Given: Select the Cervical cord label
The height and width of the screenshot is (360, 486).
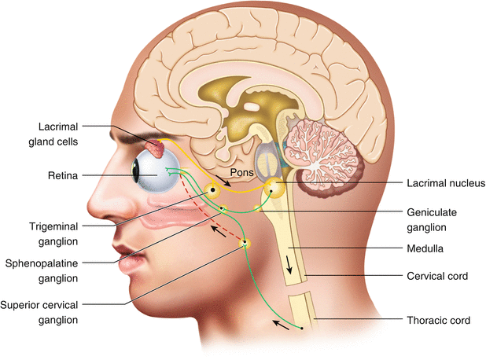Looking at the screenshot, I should point(437,276).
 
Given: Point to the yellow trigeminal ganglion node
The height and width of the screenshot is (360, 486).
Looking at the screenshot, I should point(211,189).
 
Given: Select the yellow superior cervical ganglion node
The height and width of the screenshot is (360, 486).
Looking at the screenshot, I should point(245,243).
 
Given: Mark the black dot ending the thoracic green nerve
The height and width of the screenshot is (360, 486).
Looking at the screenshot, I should point(302,328).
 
